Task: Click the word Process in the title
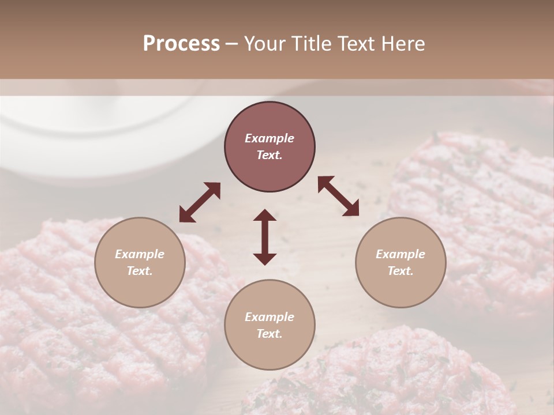[x=181, y=44]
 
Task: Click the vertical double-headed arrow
[x=265, y=237]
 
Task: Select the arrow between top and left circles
[x=200, y=202]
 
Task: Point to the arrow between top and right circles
[x=338, y=196]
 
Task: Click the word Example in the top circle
[x=269, y=138]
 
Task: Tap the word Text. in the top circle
[x=269, y=155]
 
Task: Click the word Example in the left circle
[x=140, y=254]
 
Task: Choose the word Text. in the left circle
[x=140, y=271]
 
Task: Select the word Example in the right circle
[x=400, y=254]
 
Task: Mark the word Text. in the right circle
[x=400, y=271]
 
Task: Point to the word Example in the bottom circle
[x=269, y=317]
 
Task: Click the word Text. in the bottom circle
[x=269, y=334]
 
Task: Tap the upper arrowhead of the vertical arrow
[x=265, y=216]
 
